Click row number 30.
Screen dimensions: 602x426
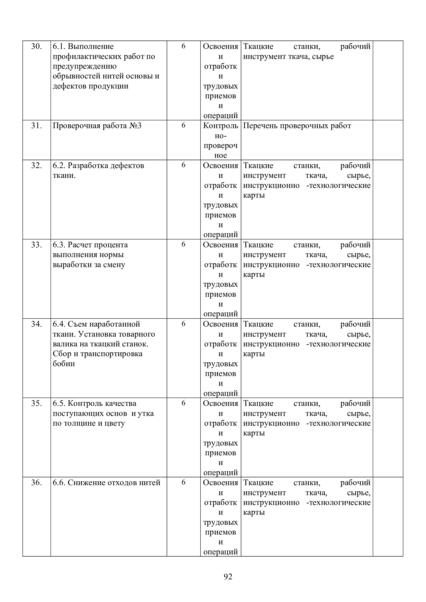coord(37,47)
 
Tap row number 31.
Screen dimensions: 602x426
coord(37,126)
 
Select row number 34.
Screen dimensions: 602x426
coord(37,324)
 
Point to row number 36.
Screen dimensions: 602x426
coord(37,483)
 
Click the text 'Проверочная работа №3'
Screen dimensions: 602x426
coord(97,126)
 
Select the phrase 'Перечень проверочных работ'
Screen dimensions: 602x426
coord(297,126)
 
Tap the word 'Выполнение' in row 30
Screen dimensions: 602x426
coord(90,47)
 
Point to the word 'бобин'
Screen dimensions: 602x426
coord(64,364)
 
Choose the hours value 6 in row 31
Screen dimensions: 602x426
coord(183,125)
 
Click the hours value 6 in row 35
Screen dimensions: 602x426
coord(183,403)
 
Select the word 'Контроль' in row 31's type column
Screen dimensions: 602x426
coord(220,126)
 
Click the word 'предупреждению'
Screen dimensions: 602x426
coord(84,66)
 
